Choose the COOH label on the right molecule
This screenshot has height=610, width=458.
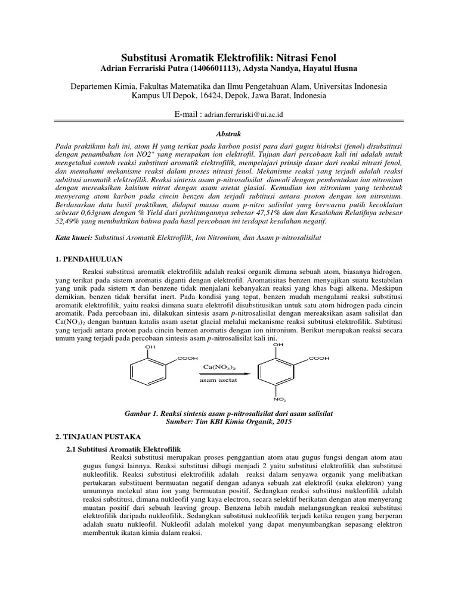[319, 358]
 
